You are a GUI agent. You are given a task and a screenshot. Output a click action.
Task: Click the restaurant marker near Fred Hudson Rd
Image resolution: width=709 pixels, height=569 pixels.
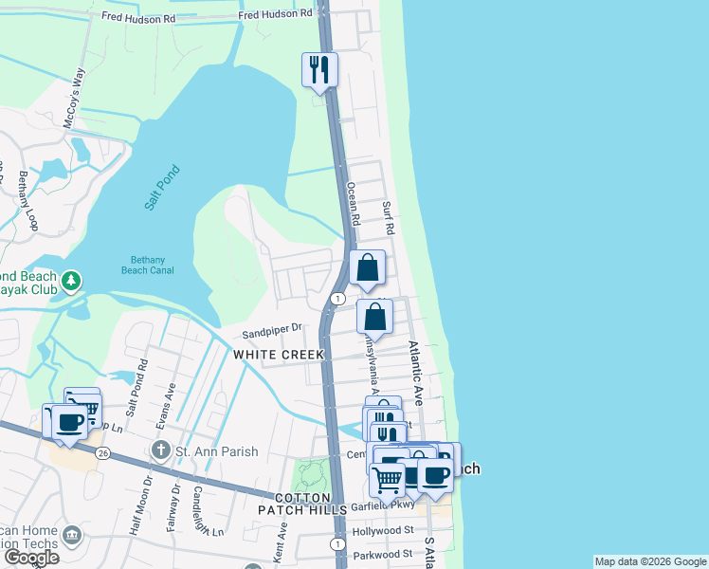[x=319, y=69]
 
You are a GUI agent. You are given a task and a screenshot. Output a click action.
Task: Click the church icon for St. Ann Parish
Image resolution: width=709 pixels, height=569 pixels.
[x=162, y=449]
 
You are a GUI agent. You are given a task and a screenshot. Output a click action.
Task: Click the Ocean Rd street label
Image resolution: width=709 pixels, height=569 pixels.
[x=353, y=203]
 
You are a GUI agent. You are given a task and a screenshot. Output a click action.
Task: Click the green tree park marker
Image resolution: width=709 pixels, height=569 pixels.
[x=70, y=282]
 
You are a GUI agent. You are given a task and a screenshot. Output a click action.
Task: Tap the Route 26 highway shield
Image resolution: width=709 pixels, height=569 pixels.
[x=102, y=454]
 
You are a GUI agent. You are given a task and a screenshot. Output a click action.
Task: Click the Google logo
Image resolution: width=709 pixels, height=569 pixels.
[x=30, y=558]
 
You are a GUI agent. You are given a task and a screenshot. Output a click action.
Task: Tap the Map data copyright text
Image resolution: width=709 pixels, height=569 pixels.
[x=649, y=561]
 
